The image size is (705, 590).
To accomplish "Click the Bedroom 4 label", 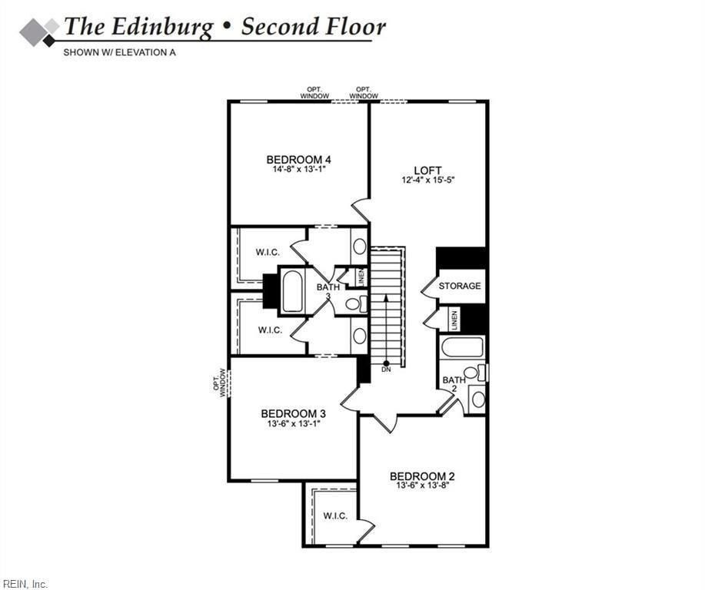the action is tap(299, 160).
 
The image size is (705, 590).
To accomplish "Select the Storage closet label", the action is tap(460, 286).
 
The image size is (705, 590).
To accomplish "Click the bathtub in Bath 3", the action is tap(292, 290).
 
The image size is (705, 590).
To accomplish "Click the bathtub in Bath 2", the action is tap(462, 346).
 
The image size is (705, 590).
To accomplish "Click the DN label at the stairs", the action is tap(386, 370).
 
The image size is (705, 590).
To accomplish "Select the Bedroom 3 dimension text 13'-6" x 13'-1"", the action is tap(294, 423).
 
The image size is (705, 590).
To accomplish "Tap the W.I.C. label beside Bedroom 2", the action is tap(335, 515).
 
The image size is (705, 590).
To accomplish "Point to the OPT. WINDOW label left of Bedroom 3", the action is tap(220, 383).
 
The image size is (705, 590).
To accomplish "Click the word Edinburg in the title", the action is tap(162, 27).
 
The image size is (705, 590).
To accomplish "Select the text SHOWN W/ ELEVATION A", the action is tap(119, 52).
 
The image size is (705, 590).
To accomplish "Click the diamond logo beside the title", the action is tap(39, 32).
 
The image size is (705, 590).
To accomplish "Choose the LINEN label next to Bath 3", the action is tap(361, 277).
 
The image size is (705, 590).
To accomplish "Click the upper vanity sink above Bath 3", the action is tap(359, 247).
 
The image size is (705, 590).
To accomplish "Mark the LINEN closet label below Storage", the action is tap(454, 320).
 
